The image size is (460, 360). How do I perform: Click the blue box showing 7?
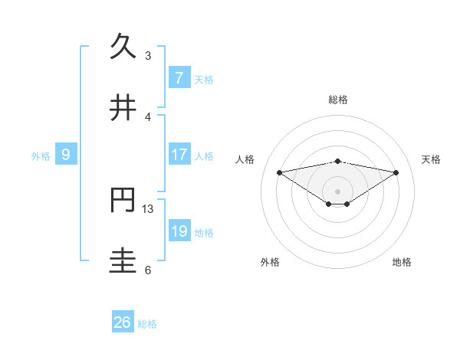(179, 77)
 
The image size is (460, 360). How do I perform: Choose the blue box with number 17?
(179, 155)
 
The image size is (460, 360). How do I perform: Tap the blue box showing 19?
(179, 231)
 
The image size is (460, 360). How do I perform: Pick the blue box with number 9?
(66, 155)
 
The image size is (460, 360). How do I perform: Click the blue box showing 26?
(122, 322)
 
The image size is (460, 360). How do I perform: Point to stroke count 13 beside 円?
(148, 208)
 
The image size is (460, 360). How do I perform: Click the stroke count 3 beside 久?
(148, 55)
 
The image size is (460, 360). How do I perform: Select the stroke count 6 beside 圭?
(148, 270)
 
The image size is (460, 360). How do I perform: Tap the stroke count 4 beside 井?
(148, 116)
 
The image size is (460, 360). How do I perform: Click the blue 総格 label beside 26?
(147, 324)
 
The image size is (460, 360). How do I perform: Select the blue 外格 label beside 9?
(41, 156)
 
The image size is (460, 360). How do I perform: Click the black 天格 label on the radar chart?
(432, 159)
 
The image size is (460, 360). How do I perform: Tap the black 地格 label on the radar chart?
(402, 262)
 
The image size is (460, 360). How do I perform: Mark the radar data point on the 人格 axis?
(280, 172)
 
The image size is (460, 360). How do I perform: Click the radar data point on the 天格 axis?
(396, 172)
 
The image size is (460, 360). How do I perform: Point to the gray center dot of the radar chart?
(338, 191)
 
